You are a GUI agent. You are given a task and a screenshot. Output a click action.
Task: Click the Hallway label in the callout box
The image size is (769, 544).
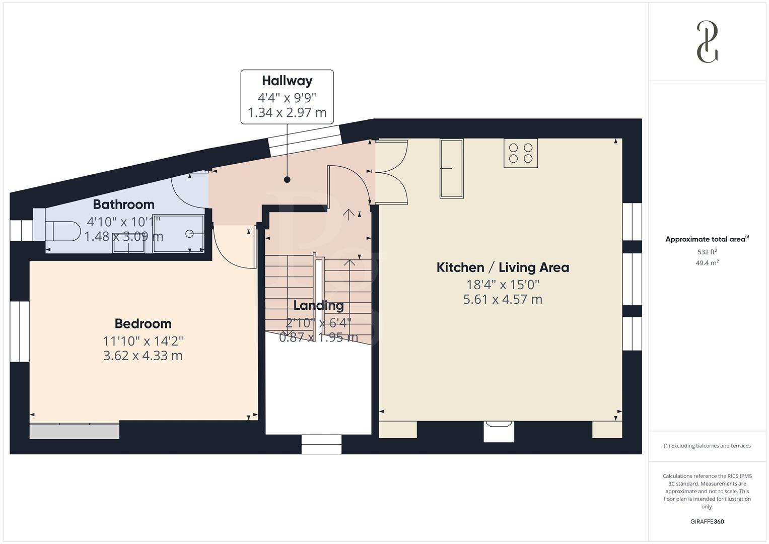click(x=287, y=81)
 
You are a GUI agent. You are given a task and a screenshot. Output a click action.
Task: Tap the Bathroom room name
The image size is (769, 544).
click(x=123, y=205)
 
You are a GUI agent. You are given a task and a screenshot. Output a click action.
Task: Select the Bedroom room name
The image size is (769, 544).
click(x=143, y=323)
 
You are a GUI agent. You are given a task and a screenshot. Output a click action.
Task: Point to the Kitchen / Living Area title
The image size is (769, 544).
click(x=503, y=267)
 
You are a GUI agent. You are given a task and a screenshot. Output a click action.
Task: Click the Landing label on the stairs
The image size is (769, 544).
click(x=318, y=305)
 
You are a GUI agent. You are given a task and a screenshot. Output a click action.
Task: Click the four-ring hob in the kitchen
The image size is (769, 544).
click(x=521, y=153)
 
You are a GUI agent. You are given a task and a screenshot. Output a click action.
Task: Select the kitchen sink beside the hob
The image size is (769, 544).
click(x=451, y=169)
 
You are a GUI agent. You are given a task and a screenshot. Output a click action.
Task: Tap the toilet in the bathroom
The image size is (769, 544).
click(x=62, y=232)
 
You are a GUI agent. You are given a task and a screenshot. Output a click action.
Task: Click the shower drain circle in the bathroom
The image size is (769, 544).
click(x=189, y=234)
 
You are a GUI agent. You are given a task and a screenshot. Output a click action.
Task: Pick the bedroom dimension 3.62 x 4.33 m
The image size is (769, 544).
click(x=143, y=356)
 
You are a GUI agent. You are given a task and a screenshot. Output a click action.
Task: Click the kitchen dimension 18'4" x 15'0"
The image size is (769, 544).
click(x=503, y=285)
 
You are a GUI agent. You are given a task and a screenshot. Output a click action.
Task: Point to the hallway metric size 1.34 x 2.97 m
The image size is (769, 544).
click(x=287, y=112)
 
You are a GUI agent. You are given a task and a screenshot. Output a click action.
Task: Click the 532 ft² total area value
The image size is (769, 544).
click(x=707, y=252)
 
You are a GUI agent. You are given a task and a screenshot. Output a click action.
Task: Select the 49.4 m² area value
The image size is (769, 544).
click(x=707, y=262)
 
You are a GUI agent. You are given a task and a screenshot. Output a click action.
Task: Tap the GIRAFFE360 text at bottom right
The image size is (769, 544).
click(x=707, y=521)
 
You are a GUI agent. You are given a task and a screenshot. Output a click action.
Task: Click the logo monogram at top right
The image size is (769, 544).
click(x=707, y=42)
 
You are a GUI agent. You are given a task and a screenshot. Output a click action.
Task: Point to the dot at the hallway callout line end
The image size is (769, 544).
click(x=287, y=179)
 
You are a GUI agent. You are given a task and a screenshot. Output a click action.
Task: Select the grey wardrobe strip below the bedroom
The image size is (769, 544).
click(x=75, y=431)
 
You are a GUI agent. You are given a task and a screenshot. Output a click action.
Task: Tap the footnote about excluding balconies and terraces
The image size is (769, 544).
click(x=707, y=446)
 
